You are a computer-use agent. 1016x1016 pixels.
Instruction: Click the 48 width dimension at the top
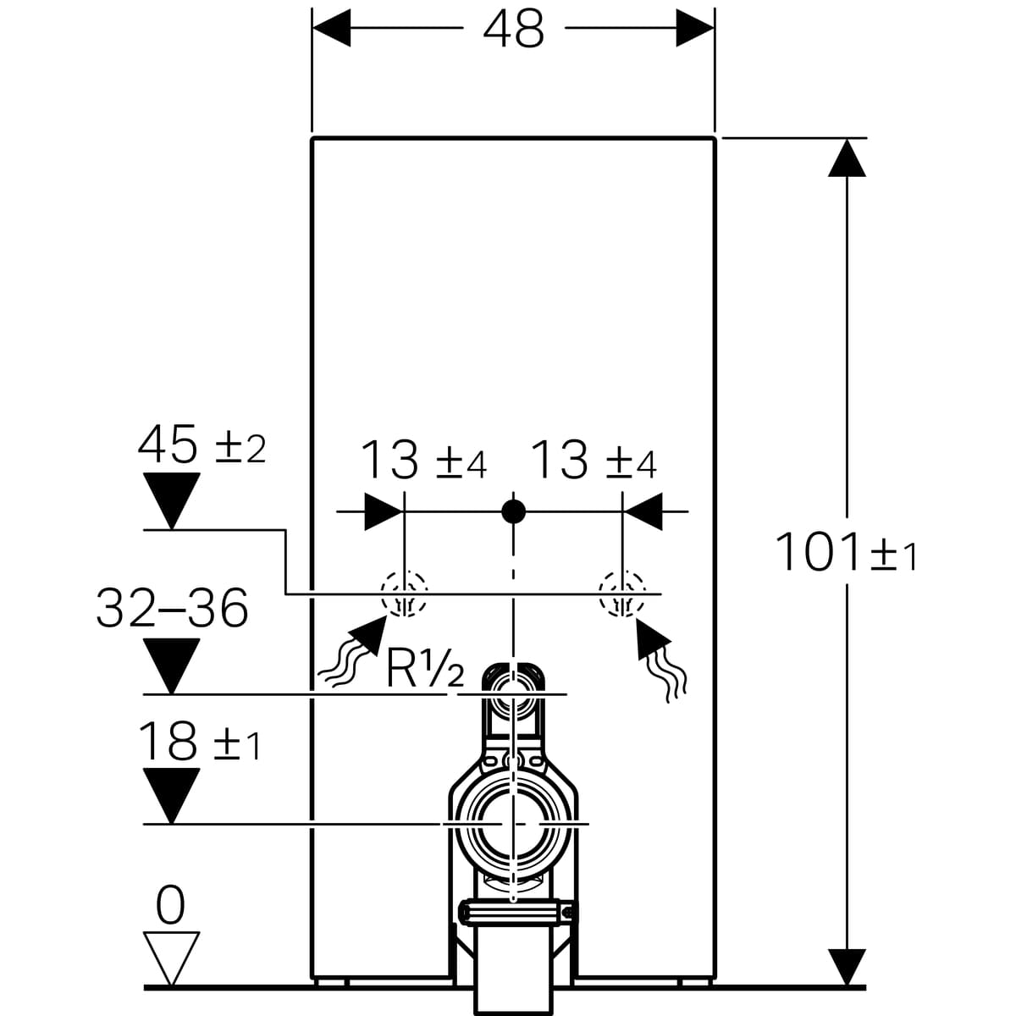pyautogui.click(x=513, y=29)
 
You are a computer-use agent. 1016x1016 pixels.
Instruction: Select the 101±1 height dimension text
pyautogui.click(x=846, y=552)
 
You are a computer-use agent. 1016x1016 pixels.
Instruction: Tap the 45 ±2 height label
pyautogui.click(x=202, y=444)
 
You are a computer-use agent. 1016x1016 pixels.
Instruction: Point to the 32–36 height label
pyautogui.click(x=172, y=607)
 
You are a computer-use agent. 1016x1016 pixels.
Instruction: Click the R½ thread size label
pyautogui.click(x=425, y=668)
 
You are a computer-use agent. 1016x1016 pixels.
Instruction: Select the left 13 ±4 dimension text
pyautogui.click(x=423, y=459)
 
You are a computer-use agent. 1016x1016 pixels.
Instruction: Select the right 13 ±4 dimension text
pyautogui.click(x=594, y=459)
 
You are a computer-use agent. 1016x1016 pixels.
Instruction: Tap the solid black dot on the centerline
pyautogui.click(x=514, y=511)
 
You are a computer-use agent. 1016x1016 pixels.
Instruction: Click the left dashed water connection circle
pyautogui.click(x=404, y=594)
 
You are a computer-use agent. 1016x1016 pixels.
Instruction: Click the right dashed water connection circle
pyautogui.click(x=622, y=594)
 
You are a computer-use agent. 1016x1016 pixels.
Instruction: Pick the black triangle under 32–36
pyautogui.click(x=171, y=665)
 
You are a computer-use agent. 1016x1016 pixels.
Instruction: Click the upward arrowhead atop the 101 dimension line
pyautogui.click(x=847, y=158)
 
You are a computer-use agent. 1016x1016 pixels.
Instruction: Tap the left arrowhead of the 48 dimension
pyautogui.click(x=331, y=27)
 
